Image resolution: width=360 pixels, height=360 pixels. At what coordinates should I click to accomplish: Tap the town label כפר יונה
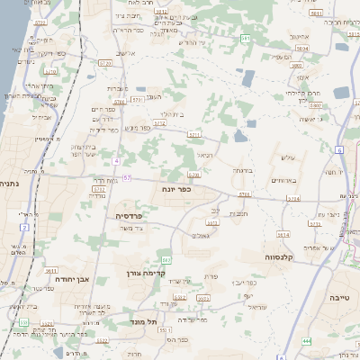tap(179, 191)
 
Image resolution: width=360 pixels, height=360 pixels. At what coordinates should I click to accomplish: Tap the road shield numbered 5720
tap(49, 69)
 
